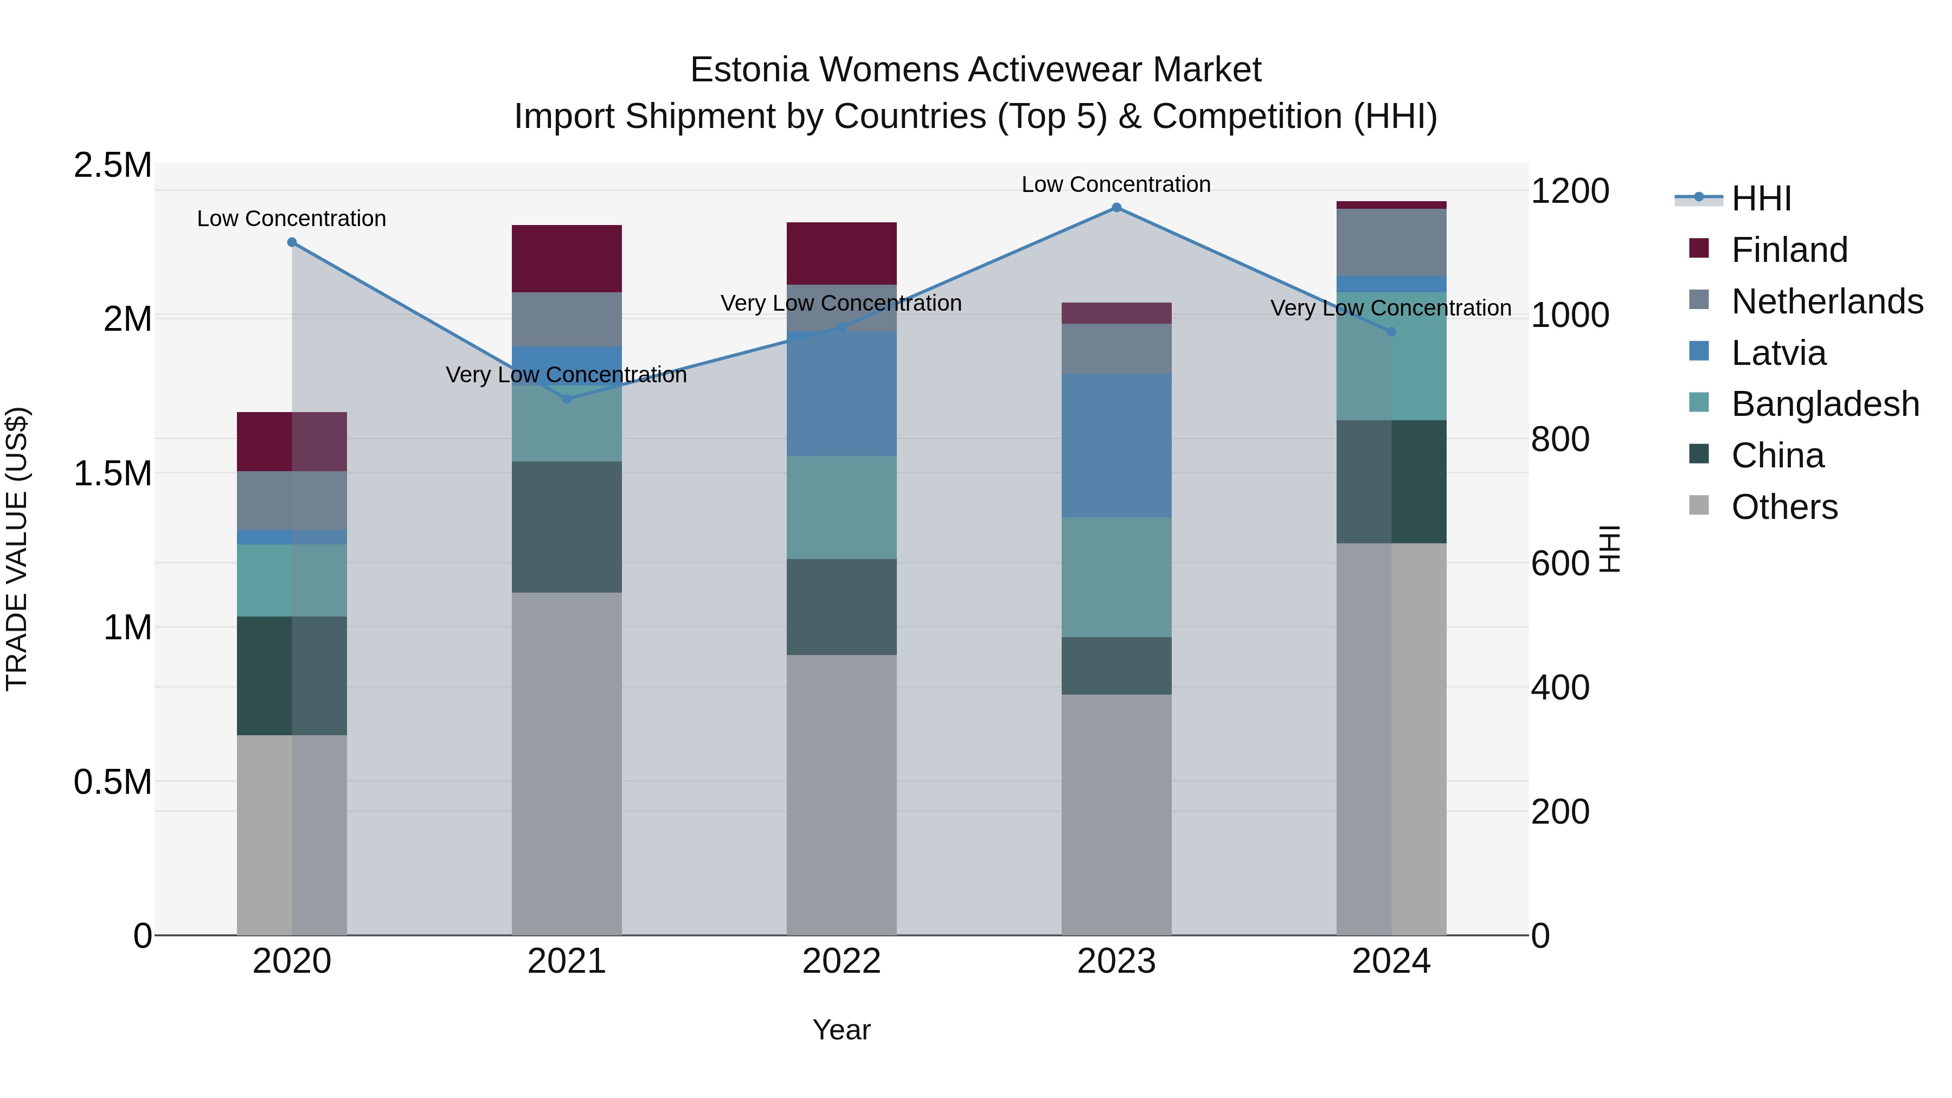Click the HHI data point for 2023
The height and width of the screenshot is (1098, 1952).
[1116, 208]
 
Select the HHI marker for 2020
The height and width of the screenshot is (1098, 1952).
[292, 242]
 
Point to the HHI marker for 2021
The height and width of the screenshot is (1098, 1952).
[567, 399]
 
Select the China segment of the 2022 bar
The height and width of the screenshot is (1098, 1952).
[841, 607]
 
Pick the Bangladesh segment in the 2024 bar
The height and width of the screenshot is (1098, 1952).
[1391, 356]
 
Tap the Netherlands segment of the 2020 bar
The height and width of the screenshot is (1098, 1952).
[292, 500]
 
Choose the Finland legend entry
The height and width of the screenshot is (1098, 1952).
[1789, 250]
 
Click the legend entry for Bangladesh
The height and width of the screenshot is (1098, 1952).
[1825, 404]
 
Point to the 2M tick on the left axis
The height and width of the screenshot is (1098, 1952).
[127, 319]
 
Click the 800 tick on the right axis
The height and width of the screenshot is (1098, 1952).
[1559, 440]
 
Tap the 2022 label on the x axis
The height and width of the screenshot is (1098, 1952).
[841, 961]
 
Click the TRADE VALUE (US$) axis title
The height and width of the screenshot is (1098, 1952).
[17, 549]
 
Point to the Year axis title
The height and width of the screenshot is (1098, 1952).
[841, 1030]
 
